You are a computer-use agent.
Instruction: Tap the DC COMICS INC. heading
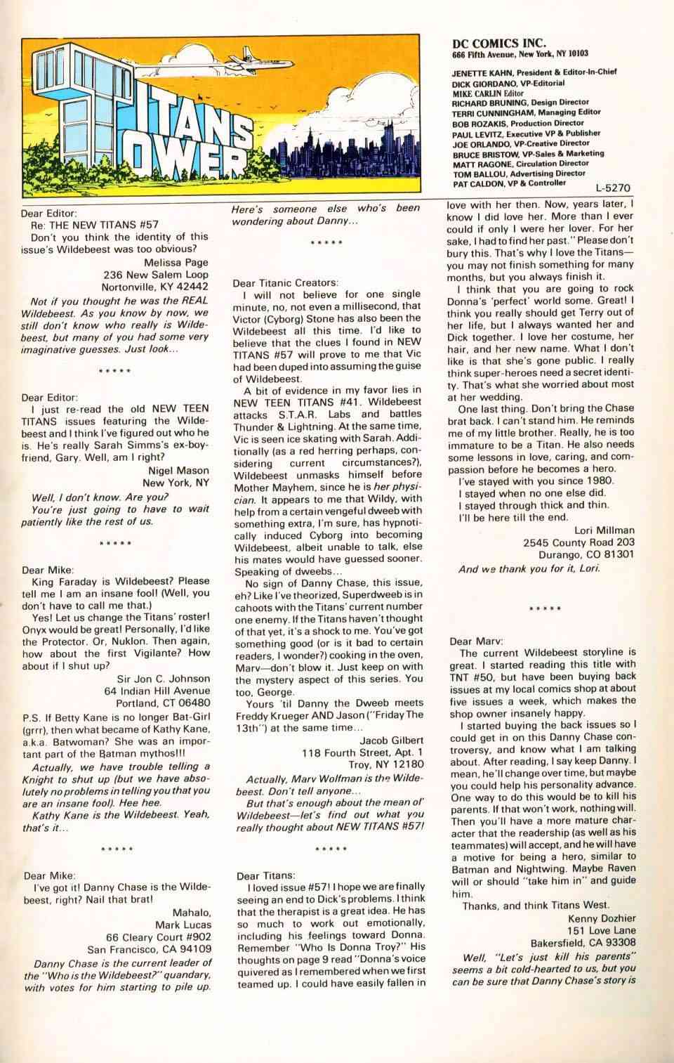click(500, 42)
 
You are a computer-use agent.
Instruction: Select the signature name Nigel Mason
click(178, 470)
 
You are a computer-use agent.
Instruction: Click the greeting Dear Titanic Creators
click(285, 282)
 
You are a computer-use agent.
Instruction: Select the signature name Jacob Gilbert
click(392, 740)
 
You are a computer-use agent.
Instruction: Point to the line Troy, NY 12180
click(386, 764)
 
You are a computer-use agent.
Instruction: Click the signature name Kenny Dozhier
click(602, 918)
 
